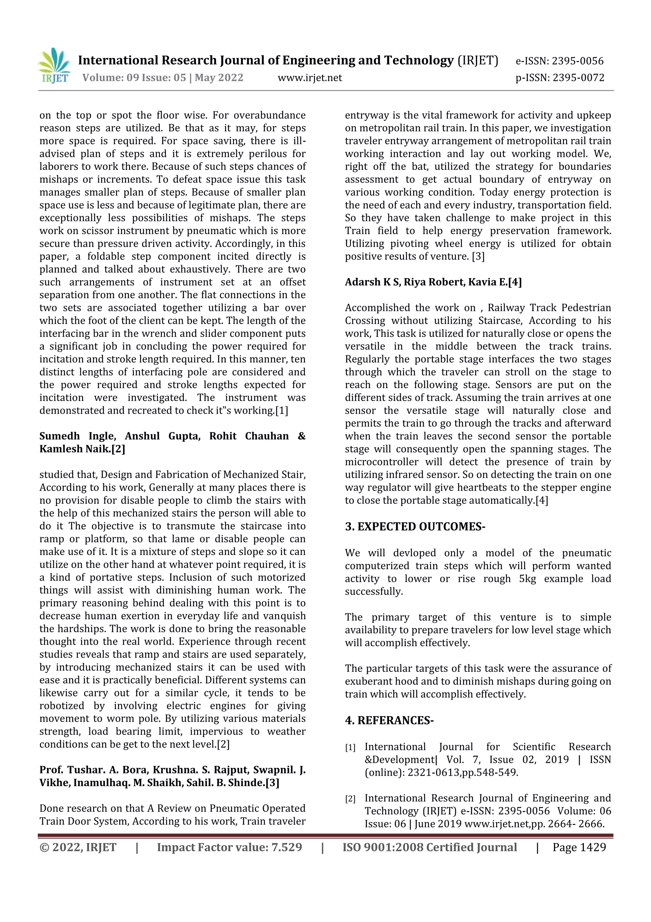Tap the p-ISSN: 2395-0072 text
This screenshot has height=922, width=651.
(x=559, y=78)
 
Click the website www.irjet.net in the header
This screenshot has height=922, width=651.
(x=310, y=78)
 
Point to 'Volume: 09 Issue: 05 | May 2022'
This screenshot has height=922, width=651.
(x=163, y=78)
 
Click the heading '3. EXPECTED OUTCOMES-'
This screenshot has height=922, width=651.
(x=415, y=527)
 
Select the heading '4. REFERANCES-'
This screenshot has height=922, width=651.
(x=389, y=721)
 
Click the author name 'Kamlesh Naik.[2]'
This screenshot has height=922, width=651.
(x=82, y=449)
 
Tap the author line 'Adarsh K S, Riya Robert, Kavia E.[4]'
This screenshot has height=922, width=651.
(x=433, y=282)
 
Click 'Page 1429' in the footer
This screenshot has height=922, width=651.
(x=579, y=847)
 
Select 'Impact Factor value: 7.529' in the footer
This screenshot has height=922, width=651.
(x=230, y=847)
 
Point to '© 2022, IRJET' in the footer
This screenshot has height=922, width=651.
(x=78, y=847)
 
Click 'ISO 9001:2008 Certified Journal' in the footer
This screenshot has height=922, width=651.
(x=429, y=847)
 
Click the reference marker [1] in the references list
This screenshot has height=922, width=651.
(x=350, y=748)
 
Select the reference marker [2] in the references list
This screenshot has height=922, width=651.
(x=350, y=799)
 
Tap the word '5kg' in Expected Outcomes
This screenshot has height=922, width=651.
(x=527, y=579)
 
